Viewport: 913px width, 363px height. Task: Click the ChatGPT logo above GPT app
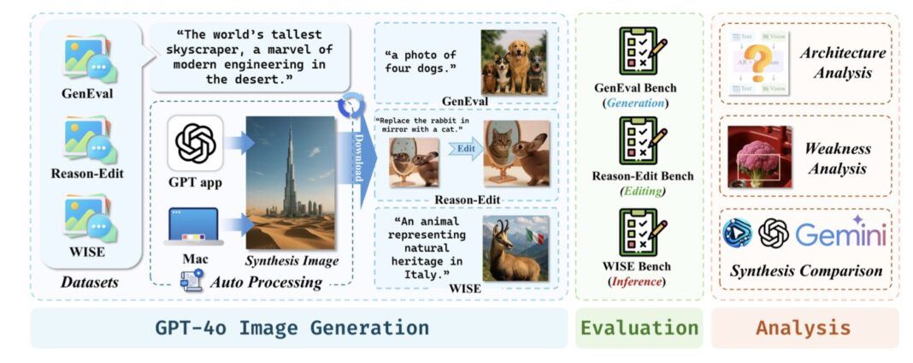(195, 143)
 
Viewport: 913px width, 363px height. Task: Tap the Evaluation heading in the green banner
(639, 328)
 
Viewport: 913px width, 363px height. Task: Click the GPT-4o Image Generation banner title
(292, 328)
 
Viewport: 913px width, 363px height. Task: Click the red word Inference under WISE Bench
(637, 280)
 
